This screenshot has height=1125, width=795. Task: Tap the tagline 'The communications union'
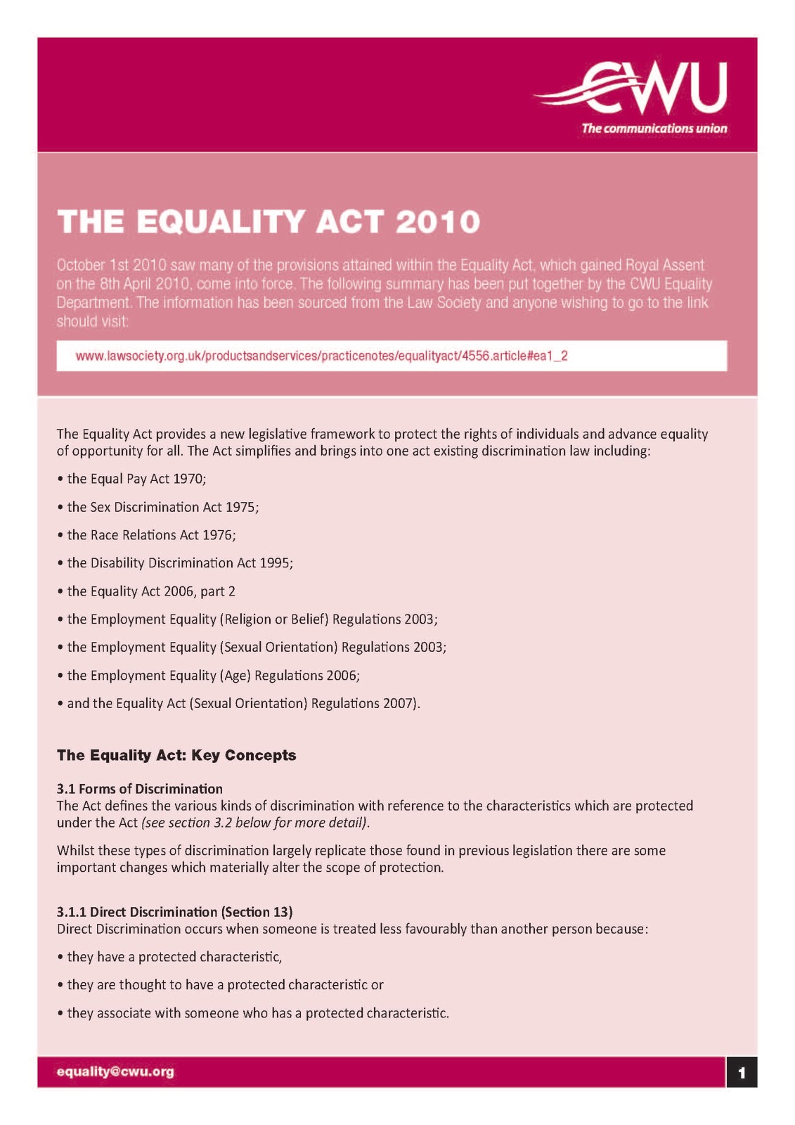click(x=654, y=129)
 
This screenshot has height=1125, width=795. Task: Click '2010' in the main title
click(x=437, y=222)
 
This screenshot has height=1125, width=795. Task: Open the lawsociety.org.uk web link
click(x=321, y=356)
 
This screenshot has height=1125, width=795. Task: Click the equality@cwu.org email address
click(x=115, y=1072)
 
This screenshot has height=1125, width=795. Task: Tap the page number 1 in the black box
click(x=742, y=1073)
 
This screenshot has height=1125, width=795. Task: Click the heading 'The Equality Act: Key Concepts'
click(x=176, y=755)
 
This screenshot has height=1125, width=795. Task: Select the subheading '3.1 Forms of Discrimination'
click(x=139, y=789)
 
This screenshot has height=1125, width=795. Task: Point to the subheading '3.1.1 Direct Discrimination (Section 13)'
click(x=174, y=912)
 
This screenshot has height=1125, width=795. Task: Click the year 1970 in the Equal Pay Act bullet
click(x=188, y=479)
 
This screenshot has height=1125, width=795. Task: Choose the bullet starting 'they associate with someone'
click(x=257, y=1013)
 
